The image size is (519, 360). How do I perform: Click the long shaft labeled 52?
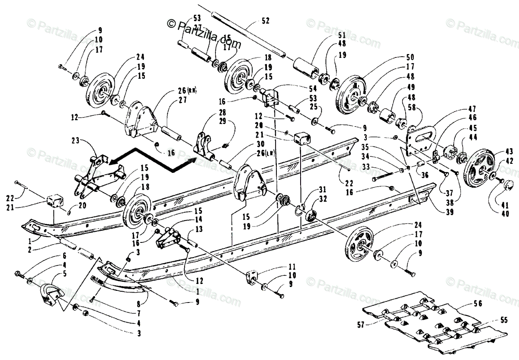pyautogui.click(x=247, y=32)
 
